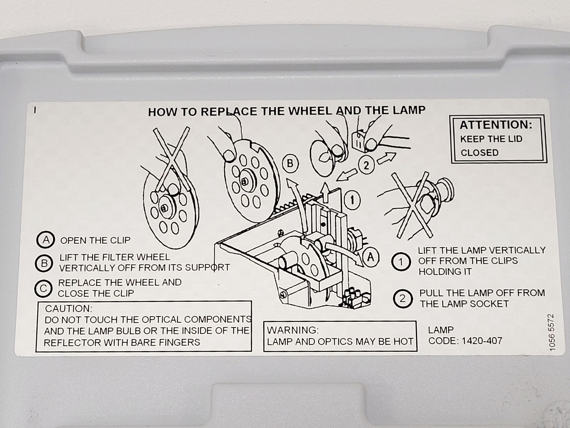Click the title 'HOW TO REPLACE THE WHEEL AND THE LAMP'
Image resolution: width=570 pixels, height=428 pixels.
coord(287,111)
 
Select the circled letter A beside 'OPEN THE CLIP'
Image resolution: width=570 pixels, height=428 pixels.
coord(46,240)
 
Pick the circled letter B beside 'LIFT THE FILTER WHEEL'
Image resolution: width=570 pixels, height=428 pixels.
coord(44,263)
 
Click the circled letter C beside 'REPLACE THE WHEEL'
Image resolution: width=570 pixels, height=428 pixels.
coord(43,288)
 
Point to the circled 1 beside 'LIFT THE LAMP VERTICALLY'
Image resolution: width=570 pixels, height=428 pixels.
coord(401,262)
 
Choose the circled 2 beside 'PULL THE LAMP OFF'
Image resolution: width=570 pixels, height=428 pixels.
coord(402,299)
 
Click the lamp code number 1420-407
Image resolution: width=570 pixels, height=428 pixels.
coord(482,340)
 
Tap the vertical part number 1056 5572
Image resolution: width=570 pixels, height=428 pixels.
coord(552,332)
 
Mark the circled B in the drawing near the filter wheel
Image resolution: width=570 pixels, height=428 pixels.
coord(290,164)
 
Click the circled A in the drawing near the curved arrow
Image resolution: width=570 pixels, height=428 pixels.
coord(371,257)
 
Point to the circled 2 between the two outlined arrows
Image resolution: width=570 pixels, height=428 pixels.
coord(366,165)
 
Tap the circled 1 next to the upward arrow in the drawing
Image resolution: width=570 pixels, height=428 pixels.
coord(352,200)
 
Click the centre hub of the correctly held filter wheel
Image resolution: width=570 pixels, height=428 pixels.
coord(244,181)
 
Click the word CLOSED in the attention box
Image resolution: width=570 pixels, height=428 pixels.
coord(479,153)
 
